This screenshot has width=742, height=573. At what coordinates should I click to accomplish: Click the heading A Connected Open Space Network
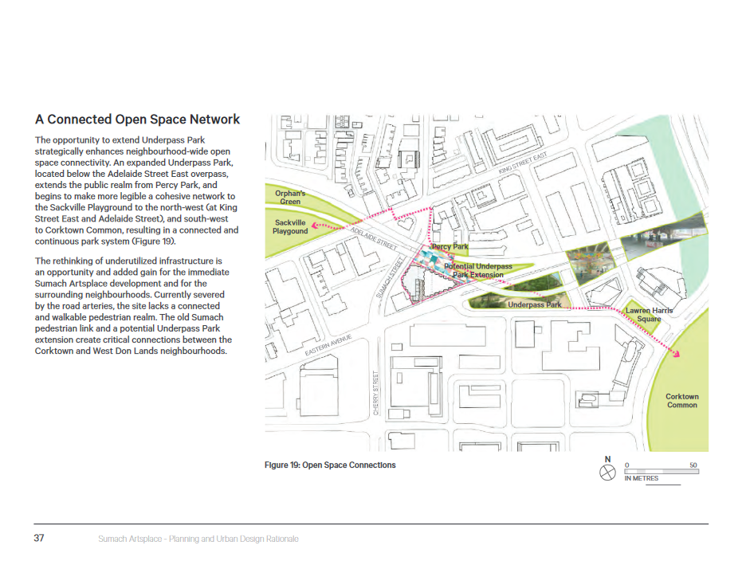point(137,120)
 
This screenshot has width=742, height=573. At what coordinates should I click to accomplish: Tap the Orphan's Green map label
point(290,197)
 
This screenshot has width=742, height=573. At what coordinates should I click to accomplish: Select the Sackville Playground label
point(290,227)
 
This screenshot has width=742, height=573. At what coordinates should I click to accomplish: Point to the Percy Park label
point(450,247)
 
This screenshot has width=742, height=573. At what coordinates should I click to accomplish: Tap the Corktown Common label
point(681,400)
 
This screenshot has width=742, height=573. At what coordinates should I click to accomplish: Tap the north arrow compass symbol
point(607,473)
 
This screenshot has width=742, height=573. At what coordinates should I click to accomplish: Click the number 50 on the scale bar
point(693,464)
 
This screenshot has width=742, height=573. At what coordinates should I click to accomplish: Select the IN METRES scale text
point(642,478)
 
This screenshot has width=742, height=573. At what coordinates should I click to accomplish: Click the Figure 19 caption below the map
point(330,465)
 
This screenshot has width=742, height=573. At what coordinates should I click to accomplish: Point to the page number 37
point(39,539)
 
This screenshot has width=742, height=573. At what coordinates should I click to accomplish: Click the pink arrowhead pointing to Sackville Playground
point(314,226)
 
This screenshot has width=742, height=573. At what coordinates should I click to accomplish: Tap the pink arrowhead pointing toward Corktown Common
point(678,355)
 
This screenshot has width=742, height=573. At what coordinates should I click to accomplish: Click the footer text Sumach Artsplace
point(193,540)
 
